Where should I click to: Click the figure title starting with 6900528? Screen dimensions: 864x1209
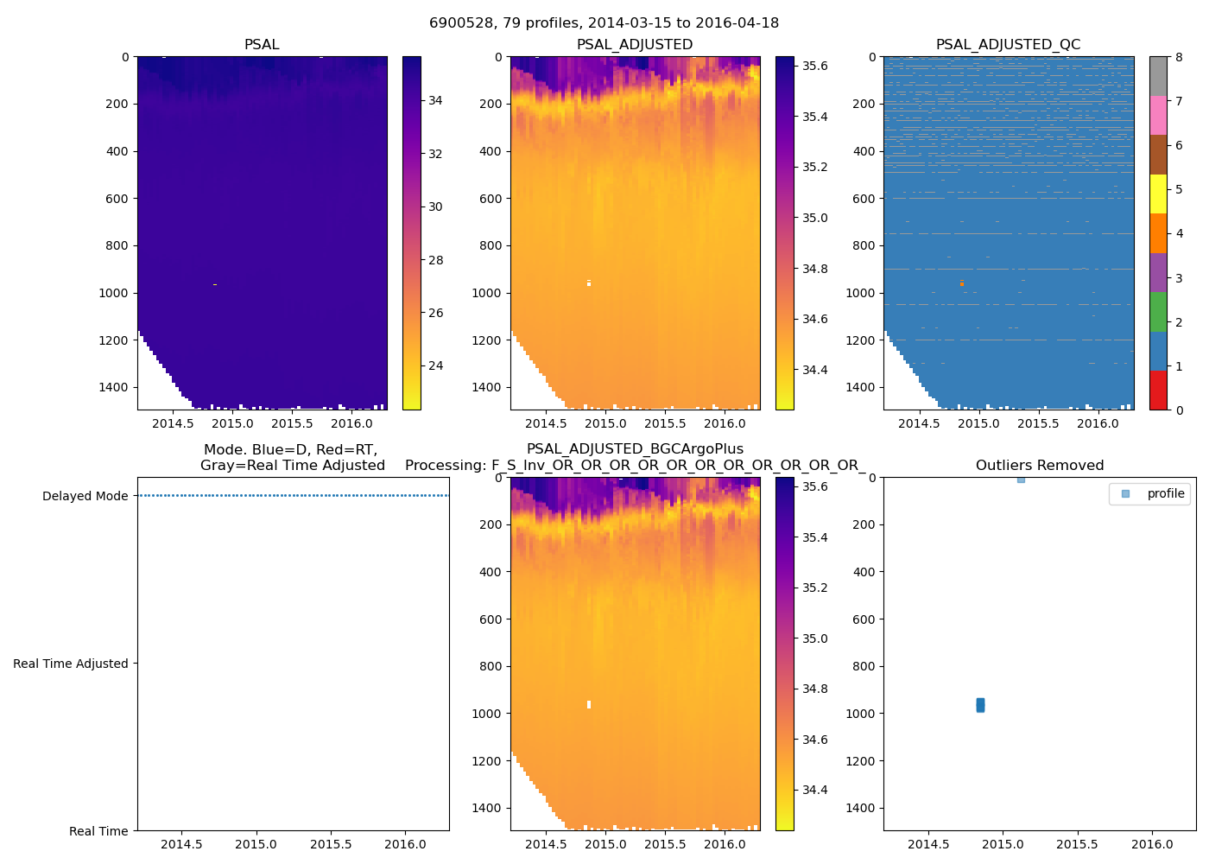[x=604, y=23]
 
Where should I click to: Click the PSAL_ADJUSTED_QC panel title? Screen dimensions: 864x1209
[x=1008, y=45]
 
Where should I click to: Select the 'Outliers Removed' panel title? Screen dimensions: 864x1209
[x=1039, y=466]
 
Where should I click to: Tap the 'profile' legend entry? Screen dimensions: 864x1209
[x=1165, y=493]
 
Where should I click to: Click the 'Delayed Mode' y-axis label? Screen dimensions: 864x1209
[x=85, y=496]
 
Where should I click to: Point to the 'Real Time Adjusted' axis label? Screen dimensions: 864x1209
[x=70, y=664]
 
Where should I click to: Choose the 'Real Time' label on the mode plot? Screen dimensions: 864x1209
[x=98, y=831]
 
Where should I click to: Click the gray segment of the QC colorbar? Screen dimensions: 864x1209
[x=1158, y=76]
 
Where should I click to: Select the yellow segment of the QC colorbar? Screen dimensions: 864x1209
[x=1158, y=194]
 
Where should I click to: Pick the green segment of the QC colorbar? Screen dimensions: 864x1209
[x=1158, y=311]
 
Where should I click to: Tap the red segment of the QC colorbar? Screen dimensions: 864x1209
[x=1158, y=391]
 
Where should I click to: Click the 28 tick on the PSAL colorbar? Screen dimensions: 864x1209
[x=435, y=260]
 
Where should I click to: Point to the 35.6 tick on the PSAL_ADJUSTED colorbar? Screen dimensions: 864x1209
[x=815, y=66]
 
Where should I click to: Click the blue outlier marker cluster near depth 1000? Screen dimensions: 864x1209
[x=980, y=705]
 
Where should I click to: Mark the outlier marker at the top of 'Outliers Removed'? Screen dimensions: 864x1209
[x=1021, y=479]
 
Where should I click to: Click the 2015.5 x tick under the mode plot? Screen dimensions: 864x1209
[x=331, y=844]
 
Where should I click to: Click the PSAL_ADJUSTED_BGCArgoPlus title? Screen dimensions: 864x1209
[x=635, y=449]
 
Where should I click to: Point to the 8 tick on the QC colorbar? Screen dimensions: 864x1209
[x=1179, y=57]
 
